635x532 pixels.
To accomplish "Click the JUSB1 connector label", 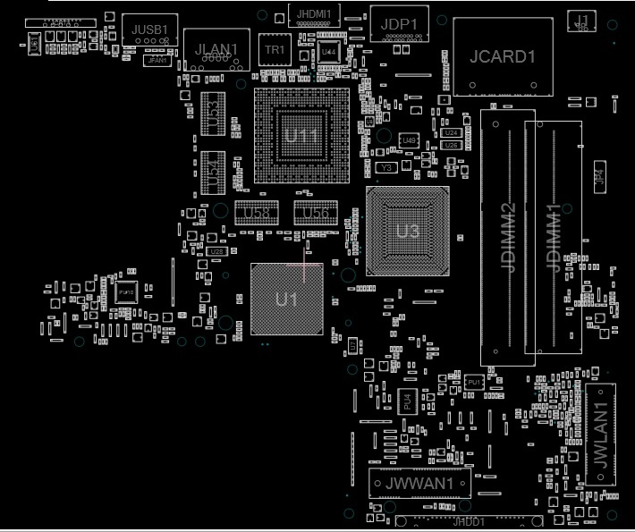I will (x=149, y=30).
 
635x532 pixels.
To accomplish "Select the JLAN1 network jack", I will (x=216, y=50).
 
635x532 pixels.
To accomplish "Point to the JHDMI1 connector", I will (x=313, y=14).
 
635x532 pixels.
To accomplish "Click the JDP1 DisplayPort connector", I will (x=399, y=23).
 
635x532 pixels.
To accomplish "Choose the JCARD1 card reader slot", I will (x=502, y=56).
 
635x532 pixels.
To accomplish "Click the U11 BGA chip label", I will (x=301, y=136).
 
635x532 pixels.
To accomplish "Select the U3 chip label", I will (x=408, y=231).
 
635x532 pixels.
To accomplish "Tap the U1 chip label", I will (x=286, y=300).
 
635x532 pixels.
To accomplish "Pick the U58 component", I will (x=257, y=213).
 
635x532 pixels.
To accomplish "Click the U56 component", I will (x=315, y=213).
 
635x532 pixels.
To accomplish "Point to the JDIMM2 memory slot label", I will (x=508, y=237).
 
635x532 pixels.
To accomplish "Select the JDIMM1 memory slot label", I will (x=554, y=237).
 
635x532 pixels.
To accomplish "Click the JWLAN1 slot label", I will (x=600, y=432).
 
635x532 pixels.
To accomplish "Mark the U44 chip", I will (x=329, y=52).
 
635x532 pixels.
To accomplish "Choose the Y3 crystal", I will (x=387, y=167).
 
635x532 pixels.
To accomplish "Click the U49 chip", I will (x=409, y=140).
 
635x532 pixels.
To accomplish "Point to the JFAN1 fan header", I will (x=157, y=61).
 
